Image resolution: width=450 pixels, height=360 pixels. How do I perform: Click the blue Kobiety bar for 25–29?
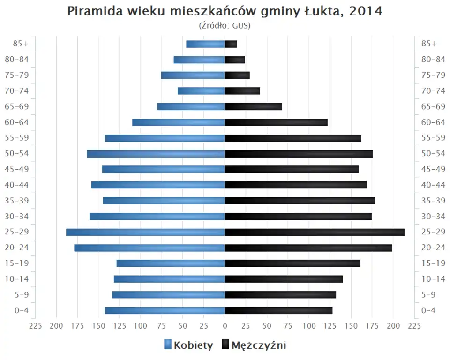click(145, 232)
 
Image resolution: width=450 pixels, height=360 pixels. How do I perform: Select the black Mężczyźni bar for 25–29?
click(315, 232)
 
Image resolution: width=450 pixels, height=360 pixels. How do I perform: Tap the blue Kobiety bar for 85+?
click(205, 44)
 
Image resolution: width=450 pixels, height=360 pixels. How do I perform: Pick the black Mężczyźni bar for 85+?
click(231, 44)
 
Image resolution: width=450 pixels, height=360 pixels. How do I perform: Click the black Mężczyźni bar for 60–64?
click(276, 122)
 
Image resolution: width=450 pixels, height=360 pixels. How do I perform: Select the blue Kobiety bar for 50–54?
click(156, 154)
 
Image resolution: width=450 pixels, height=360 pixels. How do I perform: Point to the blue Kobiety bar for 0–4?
click(165, 310)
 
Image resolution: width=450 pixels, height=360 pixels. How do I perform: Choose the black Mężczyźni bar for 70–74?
click(242, 91)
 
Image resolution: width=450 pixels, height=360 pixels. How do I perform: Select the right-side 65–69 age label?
click(433, 106)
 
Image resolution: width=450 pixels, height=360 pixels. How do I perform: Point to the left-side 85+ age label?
click(21, 44)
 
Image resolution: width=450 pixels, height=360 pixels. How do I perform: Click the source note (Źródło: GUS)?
click(225, 25)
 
